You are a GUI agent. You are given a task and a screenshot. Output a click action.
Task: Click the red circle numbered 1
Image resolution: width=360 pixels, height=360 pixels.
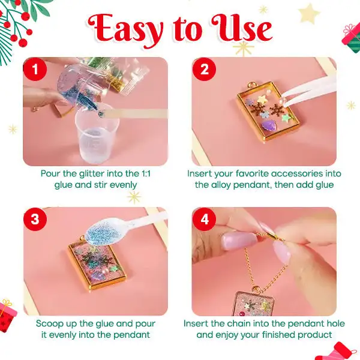(x=35, y=70)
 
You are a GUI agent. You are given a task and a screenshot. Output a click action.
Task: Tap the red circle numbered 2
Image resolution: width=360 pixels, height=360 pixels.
(x=204, y=70)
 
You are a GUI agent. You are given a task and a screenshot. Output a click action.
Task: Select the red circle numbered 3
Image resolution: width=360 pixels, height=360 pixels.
(x=35, y=219)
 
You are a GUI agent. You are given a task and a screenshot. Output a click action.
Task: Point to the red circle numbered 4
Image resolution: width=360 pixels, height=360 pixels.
(x=204, y=219)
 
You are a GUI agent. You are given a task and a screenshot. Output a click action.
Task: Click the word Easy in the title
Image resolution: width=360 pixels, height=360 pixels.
(x=125, y=31)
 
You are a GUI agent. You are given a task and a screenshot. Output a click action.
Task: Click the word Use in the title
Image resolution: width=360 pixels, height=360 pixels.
(x=242, y=28)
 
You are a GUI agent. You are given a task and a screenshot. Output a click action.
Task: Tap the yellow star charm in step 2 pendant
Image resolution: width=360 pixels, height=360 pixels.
(x=262, y=99)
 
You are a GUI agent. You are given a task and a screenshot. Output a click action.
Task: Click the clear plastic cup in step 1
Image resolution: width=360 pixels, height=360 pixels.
(x=97, y=133)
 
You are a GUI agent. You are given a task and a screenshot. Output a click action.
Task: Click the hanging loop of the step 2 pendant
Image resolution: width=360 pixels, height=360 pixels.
(x=251, y=85)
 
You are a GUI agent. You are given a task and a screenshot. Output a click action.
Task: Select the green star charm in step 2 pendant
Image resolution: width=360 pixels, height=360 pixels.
(x=286, y=118)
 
